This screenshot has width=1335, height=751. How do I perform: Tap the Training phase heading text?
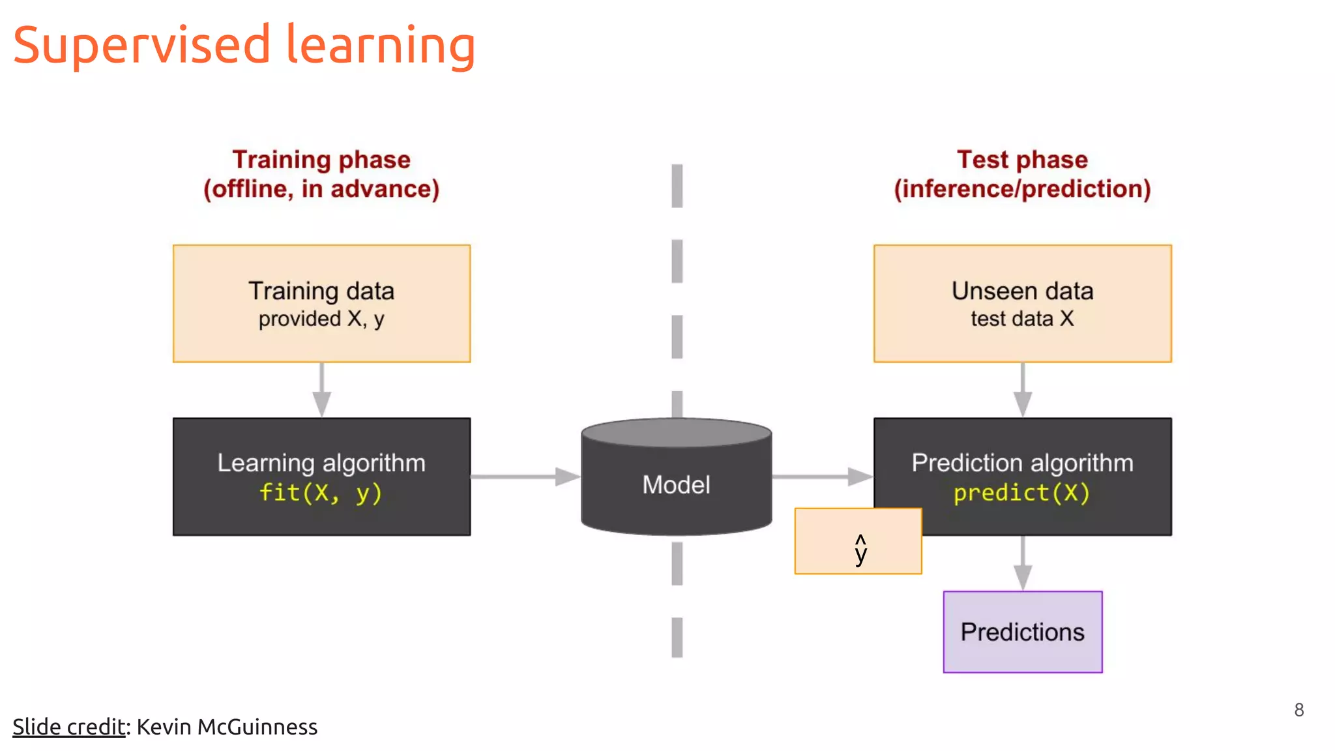click(x=321, y=160)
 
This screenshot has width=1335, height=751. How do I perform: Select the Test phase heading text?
click(x=1022, y=160)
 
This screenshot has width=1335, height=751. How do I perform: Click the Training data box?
click(x=321, y=303)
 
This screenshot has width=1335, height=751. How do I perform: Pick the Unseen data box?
click(x=1022, y=303)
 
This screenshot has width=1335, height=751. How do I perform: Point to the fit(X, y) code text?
click(x=321, y=493)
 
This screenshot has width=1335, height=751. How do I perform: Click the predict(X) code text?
click(x=1021, y=493)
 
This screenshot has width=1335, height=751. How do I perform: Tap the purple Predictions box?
click(x=1022, y=632)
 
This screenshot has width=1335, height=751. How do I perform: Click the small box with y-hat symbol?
click(x=858, y=542)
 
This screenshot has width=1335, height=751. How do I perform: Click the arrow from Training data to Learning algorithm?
click(x=321, y=390)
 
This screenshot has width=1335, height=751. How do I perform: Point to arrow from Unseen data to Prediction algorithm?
click(x=1022, y=390)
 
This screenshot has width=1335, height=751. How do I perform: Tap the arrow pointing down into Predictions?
click(x=1022, y=564)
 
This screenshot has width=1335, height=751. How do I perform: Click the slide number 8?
click(x=1298, y=710)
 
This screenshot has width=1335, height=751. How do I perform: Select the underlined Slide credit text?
click(x=68, y=727)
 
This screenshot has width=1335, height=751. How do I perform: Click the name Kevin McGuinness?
click(x=227, y=727)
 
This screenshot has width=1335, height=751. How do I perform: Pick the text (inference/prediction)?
click(x=1022, y=189)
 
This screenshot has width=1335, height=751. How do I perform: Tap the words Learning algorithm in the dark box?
click(x=321, y=463)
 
